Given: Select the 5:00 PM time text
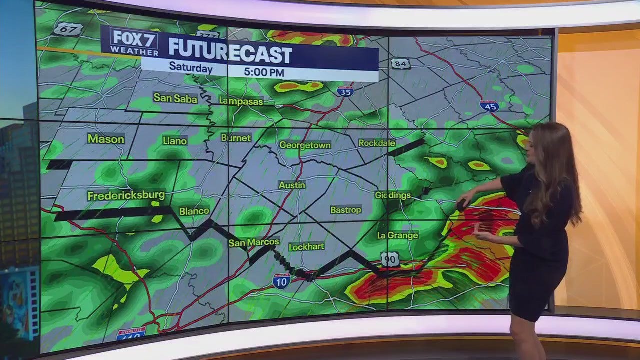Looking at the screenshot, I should point(264,72).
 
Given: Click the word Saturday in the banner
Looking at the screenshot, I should point(190,67).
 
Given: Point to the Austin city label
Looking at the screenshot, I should point(292,185).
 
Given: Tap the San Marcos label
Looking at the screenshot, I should point(254,242).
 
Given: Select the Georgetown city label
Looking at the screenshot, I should point(305,145).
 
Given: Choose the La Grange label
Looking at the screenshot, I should point(398,235).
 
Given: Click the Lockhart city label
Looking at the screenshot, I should point(306,247).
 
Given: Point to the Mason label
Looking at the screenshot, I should point(106,139).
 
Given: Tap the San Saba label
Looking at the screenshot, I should point(175,98).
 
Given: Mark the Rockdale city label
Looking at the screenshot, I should point(377,143).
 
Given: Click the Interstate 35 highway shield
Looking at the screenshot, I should point(345,91).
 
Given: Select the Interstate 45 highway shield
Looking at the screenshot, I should point(489,105).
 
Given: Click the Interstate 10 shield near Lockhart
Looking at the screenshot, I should point(281,281).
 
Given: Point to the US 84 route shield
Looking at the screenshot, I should point(401,63).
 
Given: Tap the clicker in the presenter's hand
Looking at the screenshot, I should point(461,204).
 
